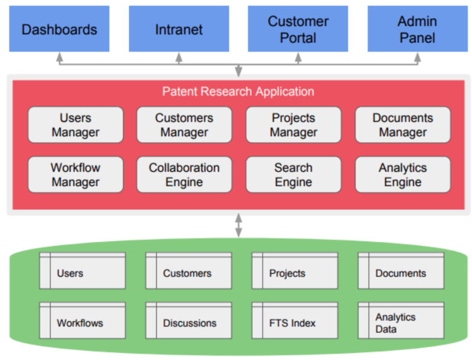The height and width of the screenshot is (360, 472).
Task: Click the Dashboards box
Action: pyautogui.click(x=59, y=29)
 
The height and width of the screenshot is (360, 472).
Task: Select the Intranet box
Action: pyautogui.click(x=179, y=29)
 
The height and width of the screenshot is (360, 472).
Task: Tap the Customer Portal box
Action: pyautogui.click(x=298, y=29)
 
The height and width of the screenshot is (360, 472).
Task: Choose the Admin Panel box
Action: pyautogui.click(x=417, y=29)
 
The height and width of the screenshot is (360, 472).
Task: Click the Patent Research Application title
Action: pyautogui.click(x=238, y=91)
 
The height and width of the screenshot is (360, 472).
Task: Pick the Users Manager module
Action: pyautogui.click(x=76, y=125)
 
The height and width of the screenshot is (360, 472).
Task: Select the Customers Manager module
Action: pyautogui.click(x=184, y=125)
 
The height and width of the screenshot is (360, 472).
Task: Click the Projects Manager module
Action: pyautogui.click(x=293, y=125)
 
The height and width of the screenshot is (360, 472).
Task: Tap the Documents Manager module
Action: pyautogui.click(x=403, y=125)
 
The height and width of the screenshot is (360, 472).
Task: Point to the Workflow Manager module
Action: pyautogui.click(x=76, y=174)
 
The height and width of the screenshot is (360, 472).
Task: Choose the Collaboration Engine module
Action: pyautogui.click(x=184, y=174)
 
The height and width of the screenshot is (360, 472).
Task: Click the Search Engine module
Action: pyautogui.click(x=293, y=174)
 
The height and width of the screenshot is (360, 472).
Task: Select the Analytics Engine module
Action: pyautogui.click(x=403, y=174)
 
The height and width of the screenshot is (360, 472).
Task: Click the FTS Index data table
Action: pyautogui.click(x=295, y=320)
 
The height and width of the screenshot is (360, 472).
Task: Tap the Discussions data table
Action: pyautogui.click(x=189, y=320)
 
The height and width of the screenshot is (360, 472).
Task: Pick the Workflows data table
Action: pyautogui.click(x=82, y=320)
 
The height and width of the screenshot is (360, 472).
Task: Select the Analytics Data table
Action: pyautogui.click(x=401, y=320)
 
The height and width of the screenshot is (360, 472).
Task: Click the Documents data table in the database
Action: pyautogui.click(x=401, y=271)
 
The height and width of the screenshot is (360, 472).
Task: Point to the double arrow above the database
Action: pyautogui.click(x=239, y=225)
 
